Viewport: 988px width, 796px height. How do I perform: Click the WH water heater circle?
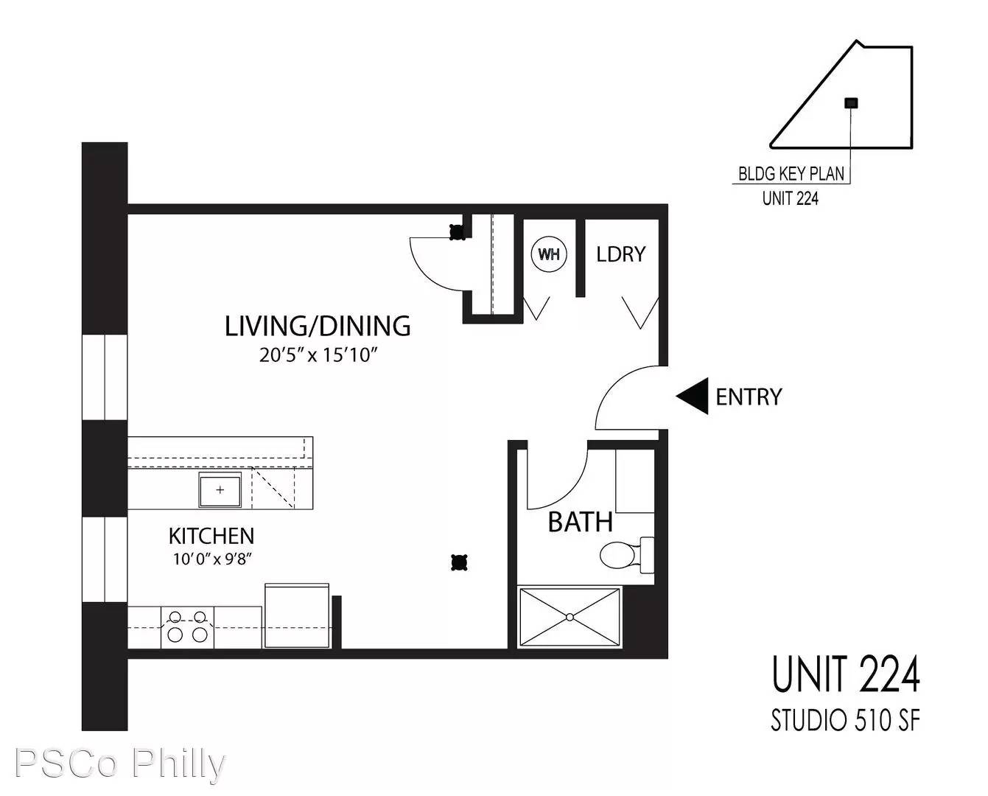[x=549, y=254]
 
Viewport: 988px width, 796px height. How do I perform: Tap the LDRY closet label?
[x=620, y=254]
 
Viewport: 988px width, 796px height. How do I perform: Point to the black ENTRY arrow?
[x=692, y=396]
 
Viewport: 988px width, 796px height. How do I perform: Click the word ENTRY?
[x=749, y=397]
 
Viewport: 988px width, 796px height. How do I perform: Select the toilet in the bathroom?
[x=627, y=555]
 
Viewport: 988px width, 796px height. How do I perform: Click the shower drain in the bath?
[x=570, y=617]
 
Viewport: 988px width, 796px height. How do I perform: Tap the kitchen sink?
[x=220, y=489]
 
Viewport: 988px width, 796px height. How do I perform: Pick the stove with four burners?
[x=187, y=626]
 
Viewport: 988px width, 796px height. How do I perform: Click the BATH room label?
[x=581, y=523]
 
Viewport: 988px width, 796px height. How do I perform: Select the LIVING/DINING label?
[x=318, y=326]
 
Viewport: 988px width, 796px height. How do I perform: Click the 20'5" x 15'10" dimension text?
[x=318, y=355]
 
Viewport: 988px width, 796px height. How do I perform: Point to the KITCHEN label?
[x=211, y=536]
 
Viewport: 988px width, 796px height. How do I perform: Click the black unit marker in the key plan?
[x=851, y=103]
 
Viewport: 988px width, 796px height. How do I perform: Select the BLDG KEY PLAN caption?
[x=791, y=174]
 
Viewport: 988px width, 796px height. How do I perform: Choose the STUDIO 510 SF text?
[x=845, y=721]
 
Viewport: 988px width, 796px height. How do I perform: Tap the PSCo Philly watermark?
[x=120, y=764]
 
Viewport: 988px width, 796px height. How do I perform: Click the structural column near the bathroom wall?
[x=459, y=562]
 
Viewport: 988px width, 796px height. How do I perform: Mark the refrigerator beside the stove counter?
[x=298, y=615]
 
